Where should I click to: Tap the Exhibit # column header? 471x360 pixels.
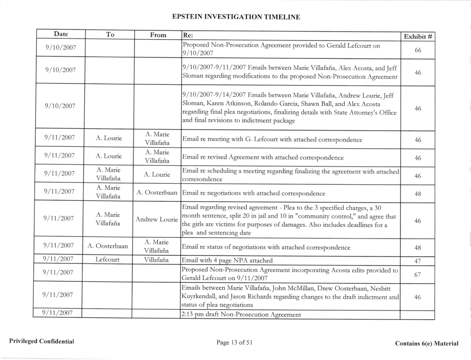pyautogui.click(x=418, y=36)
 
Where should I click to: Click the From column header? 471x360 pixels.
pyautogui.click(x=157, y=34)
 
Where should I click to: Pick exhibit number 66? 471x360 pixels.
pyautogui.click(x=418, y=49)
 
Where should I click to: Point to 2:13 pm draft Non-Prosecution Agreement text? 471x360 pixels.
pyautogui.click(x=242, y=315)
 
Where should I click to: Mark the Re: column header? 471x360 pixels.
pyautogui.click(x=188, y=35)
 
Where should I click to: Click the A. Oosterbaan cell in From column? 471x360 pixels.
pyautogui.click(x=157, y=193)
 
